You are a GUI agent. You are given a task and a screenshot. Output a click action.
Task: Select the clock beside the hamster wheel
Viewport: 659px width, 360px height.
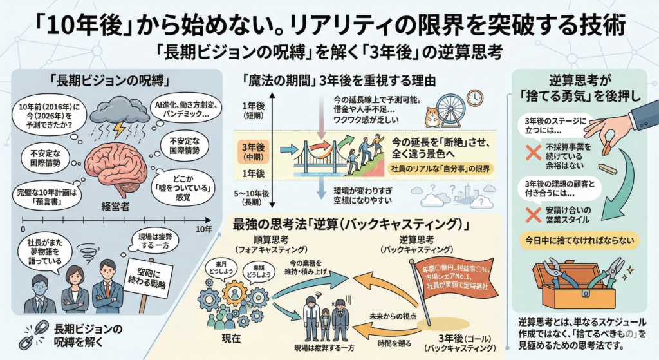pyautogui.click(x=475, y=97)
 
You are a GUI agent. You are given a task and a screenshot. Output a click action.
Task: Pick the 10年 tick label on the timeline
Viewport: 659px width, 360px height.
pyautogui.click(x=203, y=229)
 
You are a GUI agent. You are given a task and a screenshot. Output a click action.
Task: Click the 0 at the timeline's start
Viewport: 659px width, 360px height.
pyautogui.click(x=23, y=229)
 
